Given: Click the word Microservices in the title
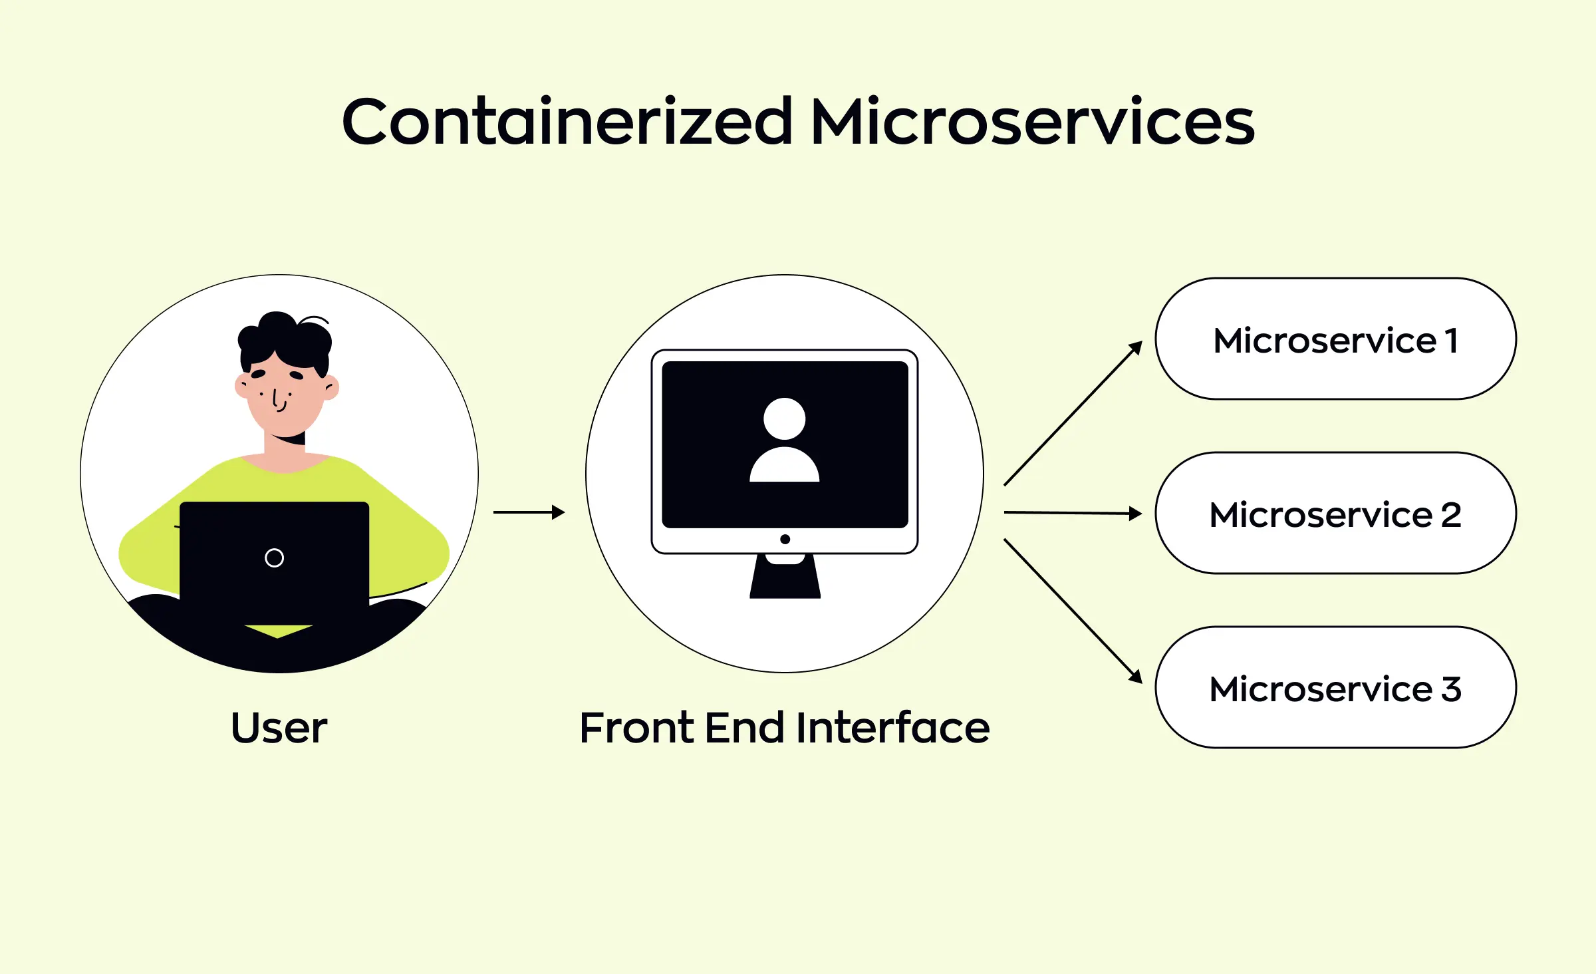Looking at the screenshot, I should (1032, 122).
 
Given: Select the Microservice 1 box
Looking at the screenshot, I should (1335, 339).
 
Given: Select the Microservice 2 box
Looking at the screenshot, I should (1335, 514).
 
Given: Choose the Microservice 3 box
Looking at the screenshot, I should (1335, 688).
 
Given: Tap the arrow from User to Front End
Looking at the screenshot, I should (529, 512).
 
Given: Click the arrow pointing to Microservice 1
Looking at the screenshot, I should (1072, 414).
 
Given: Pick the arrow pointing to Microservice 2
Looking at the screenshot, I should (1072, 513).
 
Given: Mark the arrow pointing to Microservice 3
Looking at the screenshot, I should (1072, 610).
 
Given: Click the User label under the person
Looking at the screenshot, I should (279, 728).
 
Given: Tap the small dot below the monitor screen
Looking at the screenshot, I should (785, 540).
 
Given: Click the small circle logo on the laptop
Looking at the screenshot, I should (274, 558).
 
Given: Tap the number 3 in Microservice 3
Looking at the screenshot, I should (1451, 689).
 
